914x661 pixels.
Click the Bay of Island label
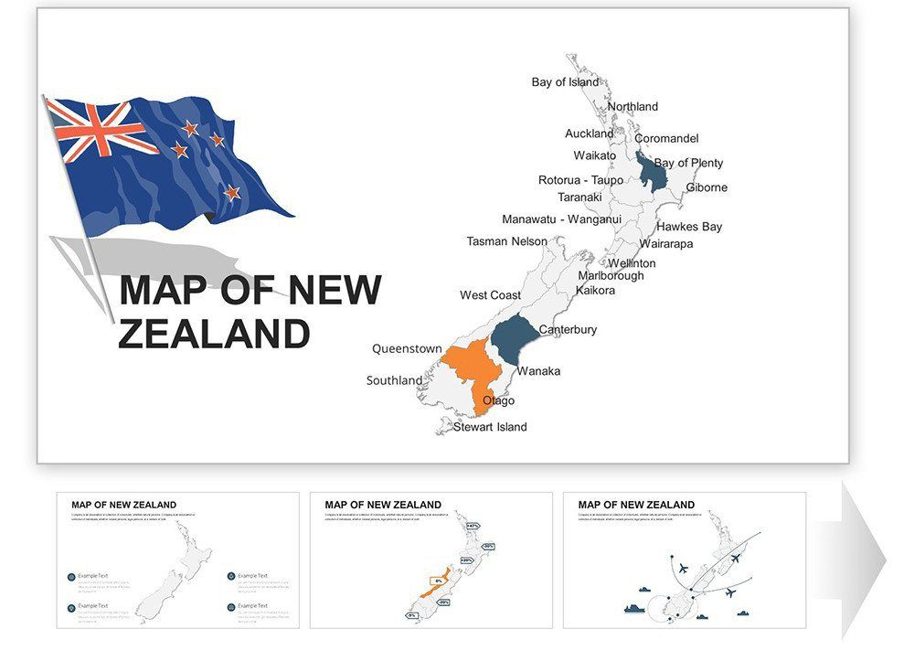tap(565, 82)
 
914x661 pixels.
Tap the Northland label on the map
tap(632, 107)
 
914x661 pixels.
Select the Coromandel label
tap(666, 139)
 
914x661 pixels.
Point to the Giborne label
tap(707, 187)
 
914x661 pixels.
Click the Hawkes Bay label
tap(689, 227)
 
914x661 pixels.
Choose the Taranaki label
tap(579, 197)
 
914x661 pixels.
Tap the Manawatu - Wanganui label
tap(561, 219)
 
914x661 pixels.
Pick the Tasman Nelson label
tap(506, 242)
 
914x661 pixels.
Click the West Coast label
tap(490, 295)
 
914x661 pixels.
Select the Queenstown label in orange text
tap(407, 349)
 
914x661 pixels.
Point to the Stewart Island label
tap(490, 427)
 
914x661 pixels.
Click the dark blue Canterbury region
tap(516, 339)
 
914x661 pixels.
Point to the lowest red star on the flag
tap(232, 192)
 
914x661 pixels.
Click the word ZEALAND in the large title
tap(214, 334)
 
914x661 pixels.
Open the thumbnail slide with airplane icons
tap(684, 560)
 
